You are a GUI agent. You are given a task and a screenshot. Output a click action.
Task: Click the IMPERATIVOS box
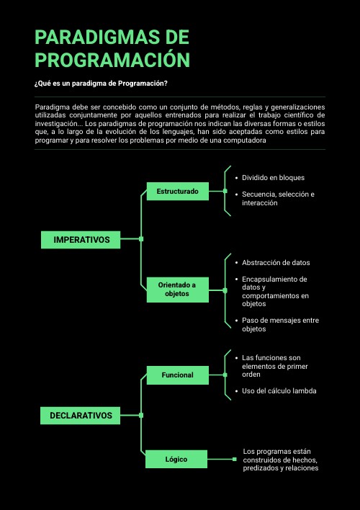[81, 239]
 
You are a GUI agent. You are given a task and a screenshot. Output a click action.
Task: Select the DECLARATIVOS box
[81, 416]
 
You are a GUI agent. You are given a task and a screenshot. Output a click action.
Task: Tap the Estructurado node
[177, 191]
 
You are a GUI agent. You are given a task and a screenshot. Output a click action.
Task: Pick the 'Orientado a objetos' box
[177, 289]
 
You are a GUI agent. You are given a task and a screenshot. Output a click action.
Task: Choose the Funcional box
[177, 375]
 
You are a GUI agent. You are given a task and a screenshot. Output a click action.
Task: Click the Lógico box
[176, 459]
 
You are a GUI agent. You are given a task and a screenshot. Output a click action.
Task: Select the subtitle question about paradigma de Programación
[101, 84]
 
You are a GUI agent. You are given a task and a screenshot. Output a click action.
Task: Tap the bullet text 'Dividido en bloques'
[273, 177]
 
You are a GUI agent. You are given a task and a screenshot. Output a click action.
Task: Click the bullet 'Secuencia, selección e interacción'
[278, 199]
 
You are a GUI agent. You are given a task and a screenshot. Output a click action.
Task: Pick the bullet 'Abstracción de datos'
[276, 262]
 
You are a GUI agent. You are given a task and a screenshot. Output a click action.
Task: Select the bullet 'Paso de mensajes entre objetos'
[280, 324]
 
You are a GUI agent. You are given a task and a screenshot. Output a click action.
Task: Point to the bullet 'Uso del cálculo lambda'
[279, 390]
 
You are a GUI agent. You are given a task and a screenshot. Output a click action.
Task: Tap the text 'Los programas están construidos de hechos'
[281, 460]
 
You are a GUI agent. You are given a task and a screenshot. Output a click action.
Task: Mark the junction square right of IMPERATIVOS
[141, 239]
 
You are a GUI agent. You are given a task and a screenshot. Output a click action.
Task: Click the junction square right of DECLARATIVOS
[141, 416]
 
